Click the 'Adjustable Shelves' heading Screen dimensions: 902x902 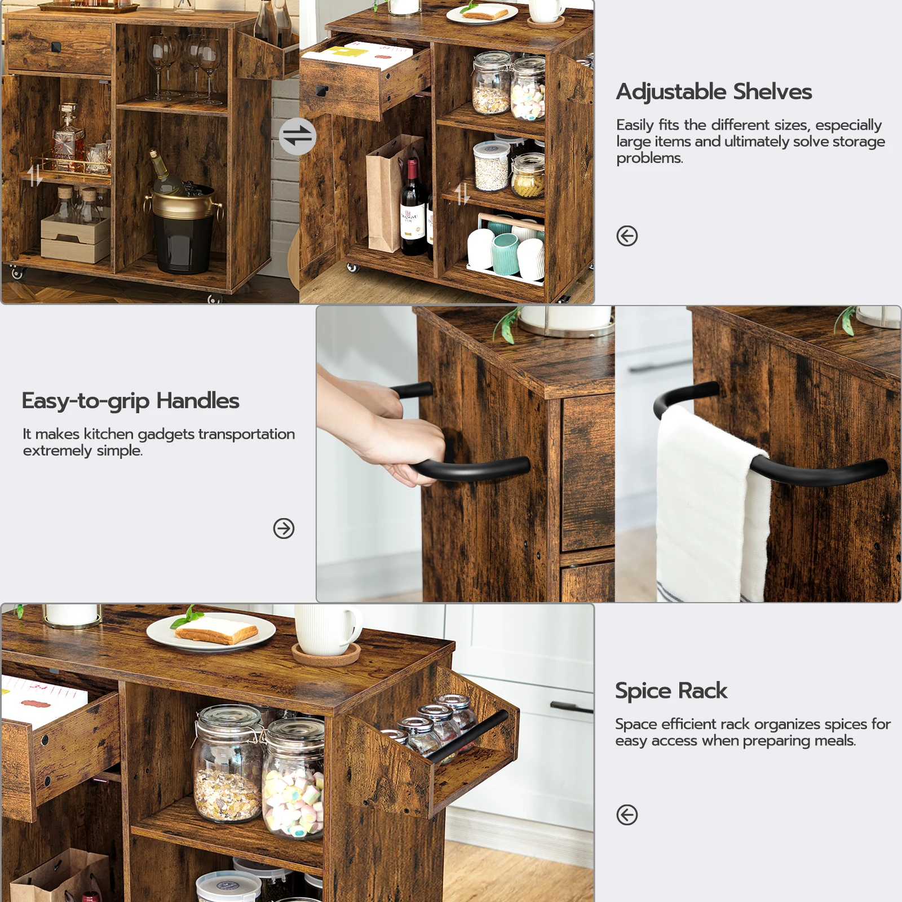coord(714,92)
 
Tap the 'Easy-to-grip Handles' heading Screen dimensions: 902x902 coord(130,401)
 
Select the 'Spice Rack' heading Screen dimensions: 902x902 coord(671,691)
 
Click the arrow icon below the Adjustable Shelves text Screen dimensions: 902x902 coord(627,236)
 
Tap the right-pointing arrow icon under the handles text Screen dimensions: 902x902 coord(284,528)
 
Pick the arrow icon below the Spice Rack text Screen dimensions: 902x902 coord(627,815)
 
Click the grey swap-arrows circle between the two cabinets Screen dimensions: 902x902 coord(297,136)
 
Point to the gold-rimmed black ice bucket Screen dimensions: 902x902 coord(183,228)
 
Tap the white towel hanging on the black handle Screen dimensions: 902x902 coord(705,507)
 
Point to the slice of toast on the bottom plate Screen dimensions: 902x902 coord(217,631)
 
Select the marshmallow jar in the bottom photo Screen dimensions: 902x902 coord(293,784)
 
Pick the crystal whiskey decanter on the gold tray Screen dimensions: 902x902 coord(68,138)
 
